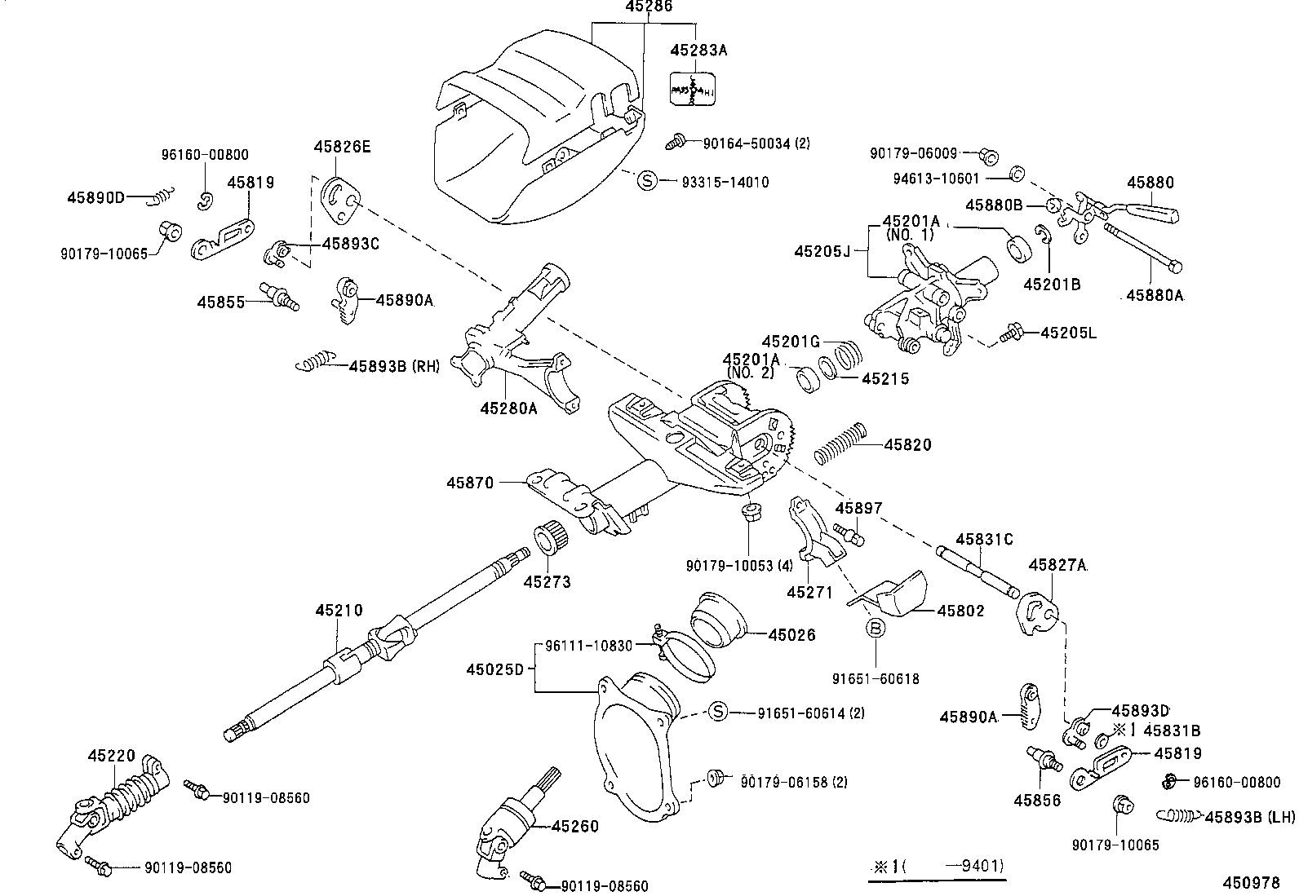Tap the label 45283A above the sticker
click(x=698, y=50)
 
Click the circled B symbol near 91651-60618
click(x=875, y=628)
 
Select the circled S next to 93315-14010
click(x=646, y=181)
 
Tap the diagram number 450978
click(x=1250, y=882)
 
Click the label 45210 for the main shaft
click(x=339, y=611)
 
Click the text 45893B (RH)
click(x=394, y=366)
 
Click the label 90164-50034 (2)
click(x=756, y=143)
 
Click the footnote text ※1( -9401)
click(x=938, y=866)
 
